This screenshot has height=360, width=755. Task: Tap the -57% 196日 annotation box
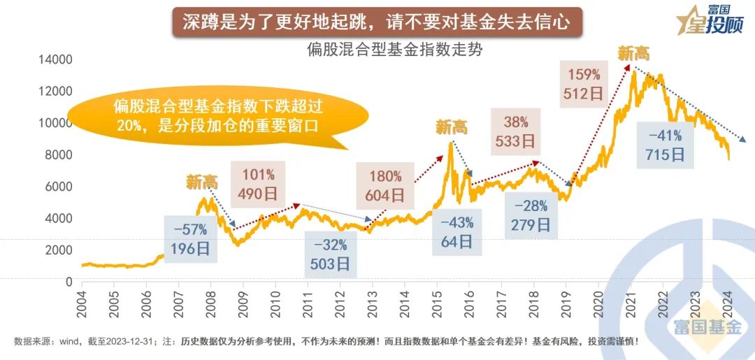coord(191,239)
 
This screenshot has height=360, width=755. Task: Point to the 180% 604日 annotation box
coord(384,186)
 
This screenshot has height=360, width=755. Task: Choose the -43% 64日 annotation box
coord(457,233)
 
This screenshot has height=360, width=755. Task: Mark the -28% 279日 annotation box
coord(531,216)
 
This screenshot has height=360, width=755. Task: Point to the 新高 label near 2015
coord(452,127)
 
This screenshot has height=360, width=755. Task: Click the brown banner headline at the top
coord(377,22)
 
